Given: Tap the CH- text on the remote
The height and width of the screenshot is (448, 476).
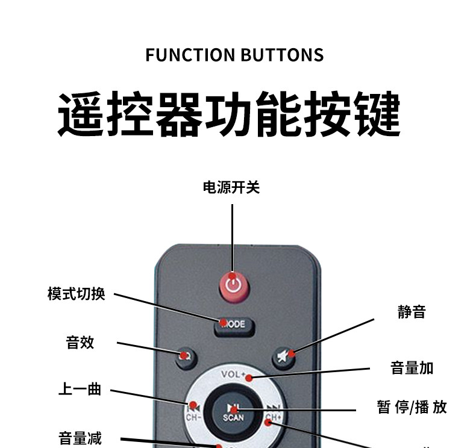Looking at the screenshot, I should [193, 417].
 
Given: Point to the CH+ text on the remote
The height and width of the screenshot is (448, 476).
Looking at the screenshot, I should [274, 417].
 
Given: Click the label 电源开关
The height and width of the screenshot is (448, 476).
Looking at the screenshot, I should [231, 188].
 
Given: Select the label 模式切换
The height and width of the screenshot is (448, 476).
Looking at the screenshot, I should [77, 294].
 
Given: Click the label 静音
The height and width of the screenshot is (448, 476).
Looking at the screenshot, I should [412, 312].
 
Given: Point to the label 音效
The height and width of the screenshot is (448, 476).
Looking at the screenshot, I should [80, 343].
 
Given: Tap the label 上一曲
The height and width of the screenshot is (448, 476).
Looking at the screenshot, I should [80, 390].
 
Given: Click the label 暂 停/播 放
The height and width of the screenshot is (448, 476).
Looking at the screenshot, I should [412, 408].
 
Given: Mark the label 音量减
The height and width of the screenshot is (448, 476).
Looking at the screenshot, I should [80, 438].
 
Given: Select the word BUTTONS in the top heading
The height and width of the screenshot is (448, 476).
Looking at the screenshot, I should [282, 55].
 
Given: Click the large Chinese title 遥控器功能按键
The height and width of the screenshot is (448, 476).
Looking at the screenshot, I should [229, 114].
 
